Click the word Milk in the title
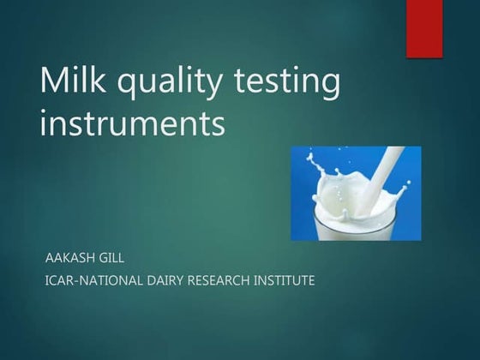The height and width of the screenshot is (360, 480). [x=73, y=83]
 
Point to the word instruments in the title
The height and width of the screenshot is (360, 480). [x=133, y=124]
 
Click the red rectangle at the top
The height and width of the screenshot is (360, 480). [x=424, y=28]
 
